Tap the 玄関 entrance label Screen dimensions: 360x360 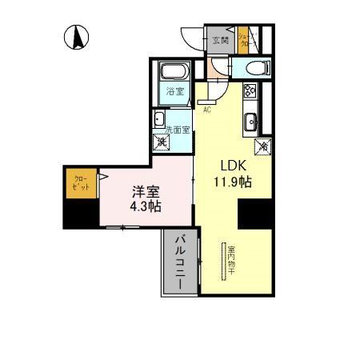219,41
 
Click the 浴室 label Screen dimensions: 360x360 174,92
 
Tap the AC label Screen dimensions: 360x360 206,110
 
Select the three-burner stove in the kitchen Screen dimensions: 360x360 249,91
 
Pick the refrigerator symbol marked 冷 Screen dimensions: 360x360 261,146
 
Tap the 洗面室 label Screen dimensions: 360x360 177,130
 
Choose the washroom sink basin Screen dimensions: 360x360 159,119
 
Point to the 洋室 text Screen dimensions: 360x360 146,193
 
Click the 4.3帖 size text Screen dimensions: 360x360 146,207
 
